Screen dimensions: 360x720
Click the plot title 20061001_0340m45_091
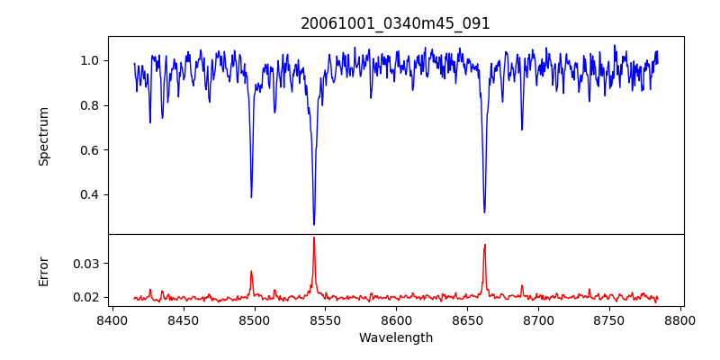[x=395, y=23]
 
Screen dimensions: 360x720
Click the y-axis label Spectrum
[x=43, y=136]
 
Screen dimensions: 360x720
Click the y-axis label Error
[x=43, y=270]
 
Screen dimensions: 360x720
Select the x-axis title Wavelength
[x=395, y=338]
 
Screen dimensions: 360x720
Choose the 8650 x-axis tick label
[x=467, y=320]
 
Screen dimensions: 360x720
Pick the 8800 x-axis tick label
[x=680, y=320]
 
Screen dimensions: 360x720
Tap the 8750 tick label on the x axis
[x=609, y=320]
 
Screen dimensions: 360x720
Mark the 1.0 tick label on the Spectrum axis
[x=90, y=60]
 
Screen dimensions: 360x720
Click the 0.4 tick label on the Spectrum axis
[x=90, y=195]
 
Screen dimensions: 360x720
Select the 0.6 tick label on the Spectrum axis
[x=90, y=150]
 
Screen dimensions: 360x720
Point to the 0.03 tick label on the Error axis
[x=86, y=264]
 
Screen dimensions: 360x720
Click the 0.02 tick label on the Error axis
[x=86, y=297]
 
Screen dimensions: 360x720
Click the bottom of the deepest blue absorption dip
[x=314, y=224]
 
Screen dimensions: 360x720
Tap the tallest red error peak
[x=314, y=238]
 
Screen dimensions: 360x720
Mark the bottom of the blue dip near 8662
[x=484, y=212]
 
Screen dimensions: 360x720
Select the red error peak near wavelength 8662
[x=484, y=245]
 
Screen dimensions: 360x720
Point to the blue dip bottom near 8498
[x=251, y=197]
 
